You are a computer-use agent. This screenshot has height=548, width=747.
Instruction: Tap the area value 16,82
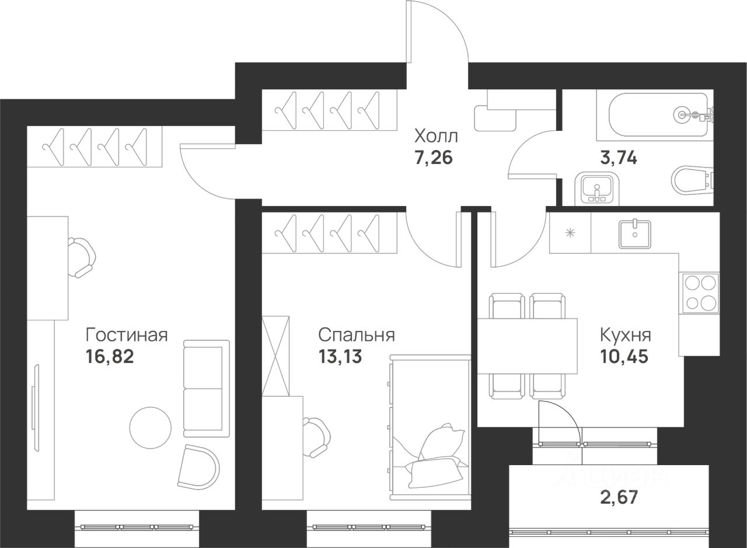point(110,357)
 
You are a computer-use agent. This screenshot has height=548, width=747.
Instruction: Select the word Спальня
point(357,335)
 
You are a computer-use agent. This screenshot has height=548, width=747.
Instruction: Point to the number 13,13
point(340,357)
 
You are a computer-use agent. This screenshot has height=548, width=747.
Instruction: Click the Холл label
point(436,137)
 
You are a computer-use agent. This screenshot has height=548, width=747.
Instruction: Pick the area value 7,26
point(434,158)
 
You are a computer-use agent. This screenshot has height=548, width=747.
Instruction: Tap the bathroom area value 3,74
point(619,158)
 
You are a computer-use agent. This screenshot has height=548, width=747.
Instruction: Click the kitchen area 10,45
point(624,357)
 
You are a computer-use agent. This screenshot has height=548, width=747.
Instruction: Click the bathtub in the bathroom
point(658,115)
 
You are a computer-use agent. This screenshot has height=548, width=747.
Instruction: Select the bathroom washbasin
point(597,189)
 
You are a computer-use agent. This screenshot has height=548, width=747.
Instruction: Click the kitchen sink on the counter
point(634,234)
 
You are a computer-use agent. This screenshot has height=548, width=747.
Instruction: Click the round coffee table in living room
point(151,428)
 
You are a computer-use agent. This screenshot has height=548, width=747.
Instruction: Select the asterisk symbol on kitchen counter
point(570,233)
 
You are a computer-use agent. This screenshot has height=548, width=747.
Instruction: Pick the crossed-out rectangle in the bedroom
point(275,356)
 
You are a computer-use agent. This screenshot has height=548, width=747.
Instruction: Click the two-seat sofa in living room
point(207,389)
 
